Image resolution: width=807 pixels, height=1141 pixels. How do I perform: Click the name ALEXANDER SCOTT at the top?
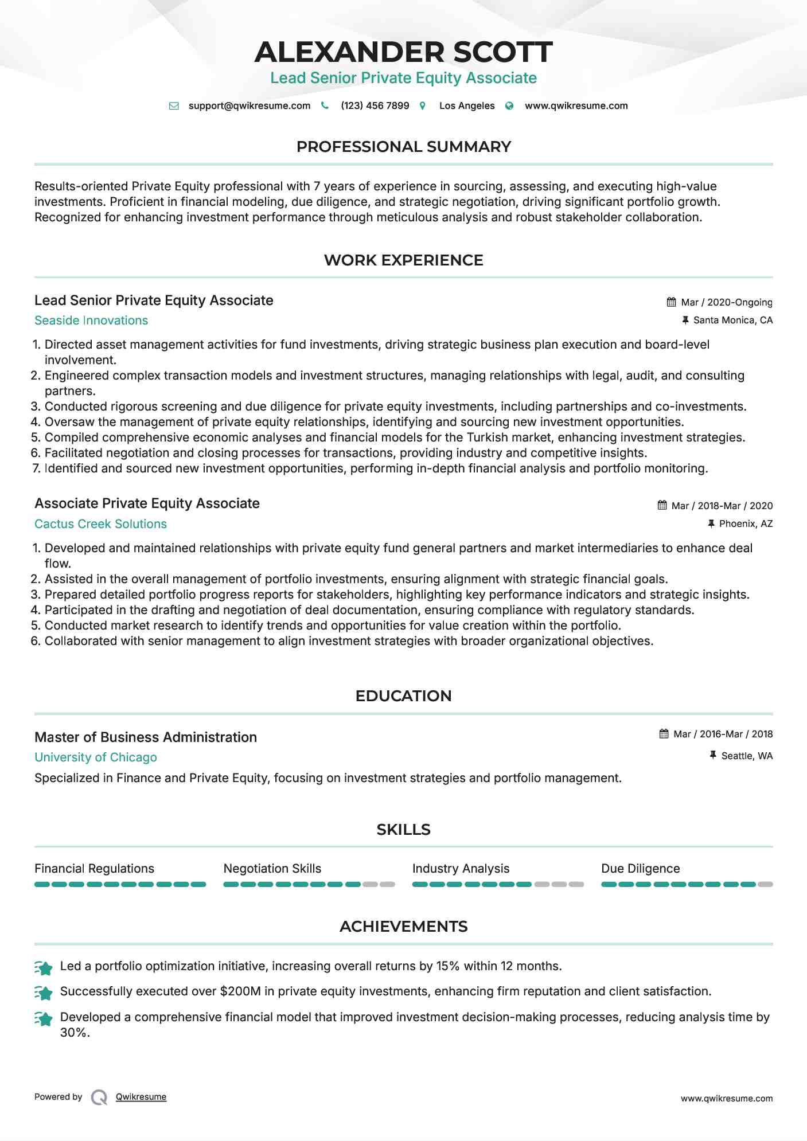click(x=403, y=52)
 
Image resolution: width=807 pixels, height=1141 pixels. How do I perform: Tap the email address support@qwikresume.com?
click(x=249, y=106)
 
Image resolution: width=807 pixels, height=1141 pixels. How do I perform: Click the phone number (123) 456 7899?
click(x=375, y=106)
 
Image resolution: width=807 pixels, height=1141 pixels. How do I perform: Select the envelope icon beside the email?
click(x=174, y=106)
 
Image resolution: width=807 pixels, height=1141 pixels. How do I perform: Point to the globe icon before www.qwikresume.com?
click(x=509, y=106)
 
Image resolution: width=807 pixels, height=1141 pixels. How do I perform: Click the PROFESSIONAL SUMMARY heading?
click(x=403, y=147)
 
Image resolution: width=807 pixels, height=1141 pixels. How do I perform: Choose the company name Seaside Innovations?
click(x=91, y=321)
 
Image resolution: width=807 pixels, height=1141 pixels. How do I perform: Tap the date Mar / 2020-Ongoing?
click(x=726, y=302)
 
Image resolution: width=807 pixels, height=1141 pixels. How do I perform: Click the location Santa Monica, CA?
click(x=732, y=321)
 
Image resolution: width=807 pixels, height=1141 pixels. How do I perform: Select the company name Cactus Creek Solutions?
click(x=100, y=524)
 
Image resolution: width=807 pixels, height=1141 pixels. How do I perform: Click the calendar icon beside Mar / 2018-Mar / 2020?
click(x=662, y=505)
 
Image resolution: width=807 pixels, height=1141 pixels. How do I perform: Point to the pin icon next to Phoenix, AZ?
click(x=711, y=523)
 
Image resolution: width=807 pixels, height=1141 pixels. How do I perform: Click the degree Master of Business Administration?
click(x=146, y=737)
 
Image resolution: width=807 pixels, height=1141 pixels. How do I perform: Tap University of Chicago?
click(x=96, y=757)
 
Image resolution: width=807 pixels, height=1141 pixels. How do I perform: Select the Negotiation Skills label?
click(x=272, y=869)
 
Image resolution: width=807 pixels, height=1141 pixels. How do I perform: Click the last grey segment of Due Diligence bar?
click(x=765, y=885)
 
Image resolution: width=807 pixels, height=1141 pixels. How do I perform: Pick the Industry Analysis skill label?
click(x=461, y=869)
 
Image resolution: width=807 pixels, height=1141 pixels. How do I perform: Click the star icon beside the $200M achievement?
click(x=44, y=992)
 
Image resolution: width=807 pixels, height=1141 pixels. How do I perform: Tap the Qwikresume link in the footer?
click(x=141, y=1097)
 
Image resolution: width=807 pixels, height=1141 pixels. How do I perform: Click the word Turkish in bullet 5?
click(x=486, y=437)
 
